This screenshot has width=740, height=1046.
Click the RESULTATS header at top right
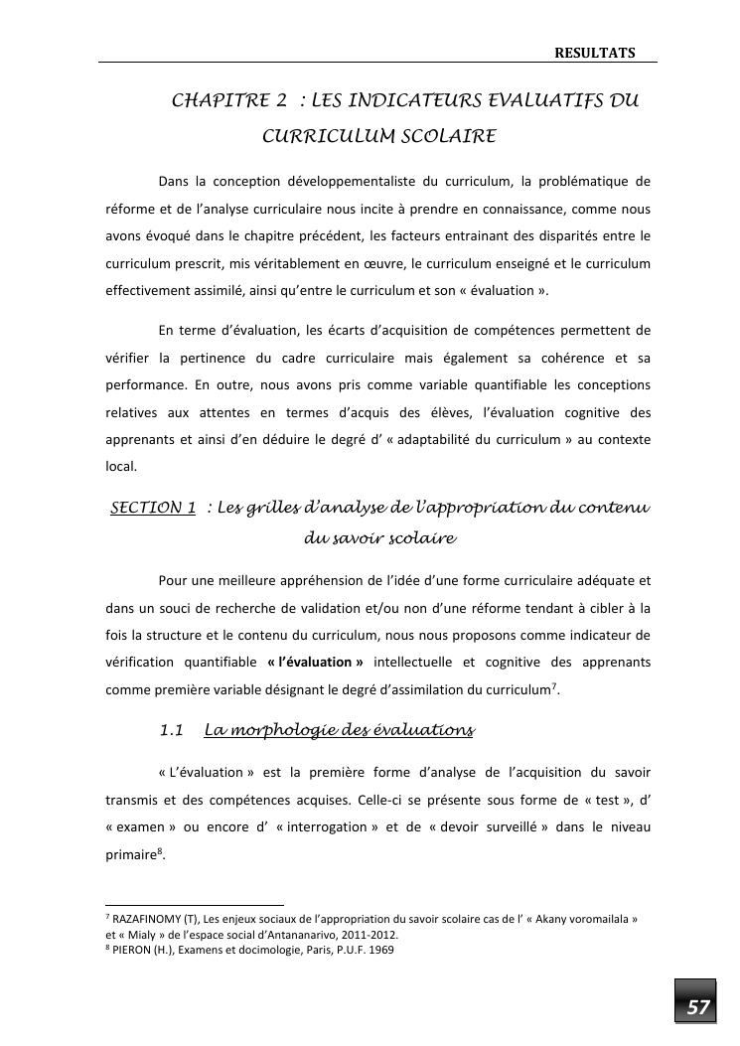coord(594,52)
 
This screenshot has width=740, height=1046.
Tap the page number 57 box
coord(698,1008)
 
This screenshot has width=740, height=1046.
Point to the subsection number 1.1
coord(172,731)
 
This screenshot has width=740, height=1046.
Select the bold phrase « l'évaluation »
coord(316,662)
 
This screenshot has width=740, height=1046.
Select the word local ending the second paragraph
coord(121,463)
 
